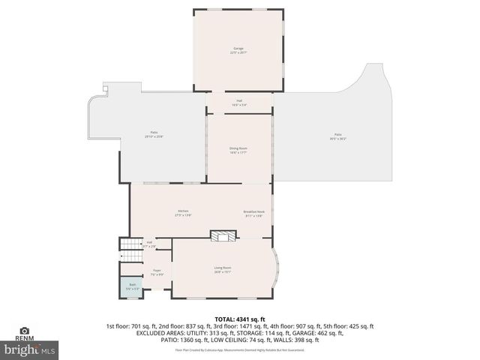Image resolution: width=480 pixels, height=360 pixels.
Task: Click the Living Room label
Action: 223,269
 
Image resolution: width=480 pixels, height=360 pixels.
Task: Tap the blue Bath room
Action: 131,286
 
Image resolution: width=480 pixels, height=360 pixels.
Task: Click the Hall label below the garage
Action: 239,102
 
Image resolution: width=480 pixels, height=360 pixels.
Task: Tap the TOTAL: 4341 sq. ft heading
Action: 240,319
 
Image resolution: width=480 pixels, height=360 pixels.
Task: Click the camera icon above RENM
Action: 24,331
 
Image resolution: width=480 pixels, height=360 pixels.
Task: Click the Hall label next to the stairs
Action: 149,244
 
